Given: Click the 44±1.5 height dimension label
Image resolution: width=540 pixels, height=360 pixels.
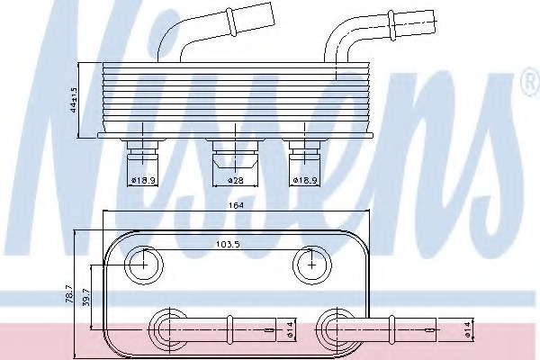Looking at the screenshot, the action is (74, 100).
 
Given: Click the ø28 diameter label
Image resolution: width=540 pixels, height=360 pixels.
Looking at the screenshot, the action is (236, 180).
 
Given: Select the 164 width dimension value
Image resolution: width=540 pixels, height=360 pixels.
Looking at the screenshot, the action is (236, 206).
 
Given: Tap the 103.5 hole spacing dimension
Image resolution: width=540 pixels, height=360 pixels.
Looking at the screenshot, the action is (228, 244).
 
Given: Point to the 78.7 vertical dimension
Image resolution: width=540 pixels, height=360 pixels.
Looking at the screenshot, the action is (69, 293).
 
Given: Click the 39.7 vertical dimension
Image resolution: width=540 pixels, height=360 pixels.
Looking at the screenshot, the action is (86, 297).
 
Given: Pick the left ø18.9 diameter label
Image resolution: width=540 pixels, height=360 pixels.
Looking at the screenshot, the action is (143, 180).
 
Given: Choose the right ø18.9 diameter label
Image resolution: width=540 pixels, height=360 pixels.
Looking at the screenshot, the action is (305, 180).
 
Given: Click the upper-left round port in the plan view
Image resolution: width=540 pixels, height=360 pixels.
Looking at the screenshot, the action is (144, 265).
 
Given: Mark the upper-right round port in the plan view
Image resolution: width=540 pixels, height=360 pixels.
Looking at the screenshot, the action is (312, 265).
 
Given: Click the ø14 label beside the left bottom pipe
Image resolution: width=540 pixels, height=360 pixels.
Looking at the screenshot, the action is (289, 329).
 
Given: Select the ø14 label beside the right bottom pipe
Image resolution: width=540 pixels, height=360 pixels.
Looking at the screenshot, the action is (467, 329).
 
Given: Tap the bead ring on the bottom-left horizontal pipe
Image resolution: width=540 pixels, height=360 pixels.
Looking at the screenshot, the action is (229, 329).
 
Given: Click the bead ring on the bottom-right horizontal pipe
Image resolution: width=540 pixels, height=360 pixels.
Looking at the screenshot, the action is (391, 329).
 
